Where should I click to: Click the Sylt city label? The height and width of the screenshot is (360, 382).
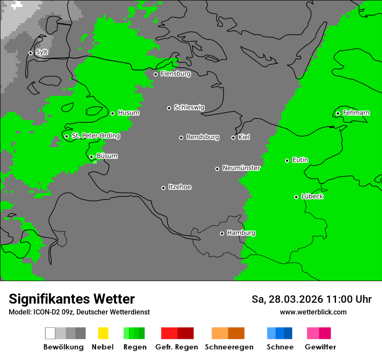click(x=42, y=52)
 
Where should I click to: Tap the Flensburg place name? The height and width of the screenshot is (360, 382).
click(x=175, y=74)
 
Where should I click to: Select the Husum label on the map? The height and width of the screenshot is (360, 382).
click(x=128, y=113)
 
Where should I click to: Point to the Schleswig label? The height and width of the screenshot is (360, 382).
click(x=189, y=108)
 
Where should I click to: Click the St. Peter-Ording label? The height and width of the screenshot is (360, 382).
click(x=95, y=136)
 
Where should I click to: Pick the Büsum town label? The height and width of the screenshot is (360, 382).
click(x=107, y=156)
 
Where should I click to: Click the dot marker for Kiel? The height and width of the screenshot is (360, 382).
click(x=233, y=137)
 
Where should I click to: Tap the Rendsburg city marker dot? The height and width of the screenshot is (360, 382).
click(x=181, y=137)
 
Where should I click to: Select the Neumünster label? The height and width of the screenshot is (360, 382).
click(x=241, y=168)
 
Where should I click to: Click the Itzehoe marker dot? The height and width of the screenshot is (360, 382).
click(x=163, y=188)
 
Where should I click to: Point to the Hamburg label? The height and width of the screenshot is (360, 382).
click(x=241, y=233)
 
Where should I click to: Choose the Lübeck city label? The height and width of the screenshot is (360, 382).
click(x=312, y=196)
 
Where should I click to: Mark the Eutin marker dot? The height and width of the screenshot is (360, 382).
click(x=287, y=160)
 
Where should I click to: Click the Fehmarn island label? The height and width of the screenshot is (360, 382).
click(x=356, y=113)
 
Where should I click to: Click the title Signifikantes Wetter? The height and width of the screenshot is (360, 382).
click(x=72, y=299)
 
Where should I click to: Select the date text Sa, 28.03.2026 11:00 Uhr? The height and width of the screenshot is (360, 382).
click(x=311, y=299)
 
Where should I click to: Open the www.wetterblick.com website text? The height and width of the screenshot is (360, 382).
click(x=313, y=312)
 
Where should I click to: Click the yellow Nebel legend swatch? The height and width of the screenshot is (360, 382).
click(x=103, y=333)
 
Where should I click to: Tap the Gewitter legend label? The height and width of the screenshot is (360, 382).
click(x=320, y=347)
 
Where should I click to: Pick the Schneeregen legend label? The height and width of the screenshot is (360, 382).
click(x=229, y=347)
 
